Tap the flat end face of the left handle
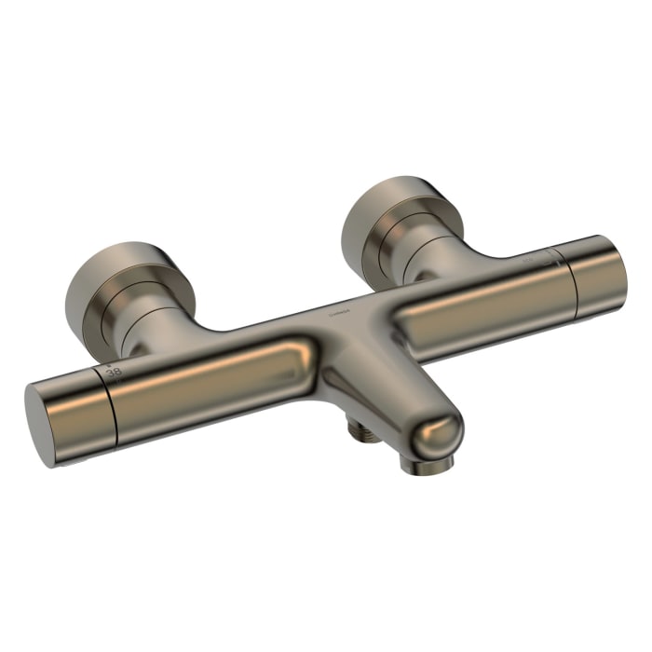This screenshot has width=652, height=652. pos(42,424)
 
